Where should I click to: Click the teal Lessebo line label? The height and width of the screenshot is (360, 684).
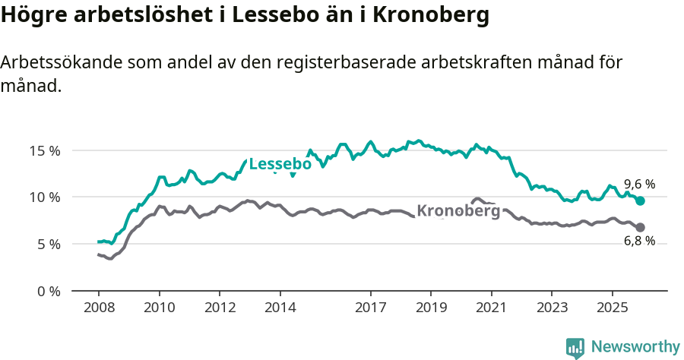click(x=280, y=164)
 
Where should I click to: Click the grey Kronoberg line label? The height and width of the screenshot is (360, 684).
click(x=459, y=210)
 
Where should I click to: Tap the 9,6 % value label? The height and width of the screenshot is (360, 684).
click(x=639, y=184)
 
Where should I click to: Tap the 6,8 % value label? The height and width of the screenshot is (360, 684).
click(x=639, y=241)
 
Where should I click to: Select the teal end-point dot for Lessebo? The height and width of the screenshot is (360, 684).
click(x=641, y=201)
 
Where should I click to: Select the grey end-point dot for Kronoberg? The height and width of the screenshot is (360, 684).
click(x=641, y=227)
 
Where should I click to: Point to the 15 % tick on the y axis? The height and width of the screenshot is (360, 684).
click(x=45, y=150)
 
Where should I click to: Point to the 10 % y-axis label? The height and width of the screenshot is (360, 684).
click(x=45, y=197)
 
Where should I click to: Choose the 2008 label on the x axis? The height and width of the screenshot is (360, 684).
click(x=99, y=308)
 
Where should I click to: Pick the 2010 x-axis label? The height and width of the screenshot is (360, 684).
click(x=159, y=308)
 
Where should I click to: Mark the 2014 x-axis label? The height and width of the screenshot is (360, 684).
click(x=280, y=308)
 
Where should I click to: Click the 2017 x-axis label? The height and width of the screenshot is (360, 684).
click(x=370, y=308)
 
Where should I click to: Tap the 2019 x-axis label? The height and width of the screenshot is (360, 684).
click(x=431, y=308)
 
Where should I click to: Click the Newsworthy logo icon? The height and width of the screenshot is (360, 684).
click(x=575, y=347)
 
